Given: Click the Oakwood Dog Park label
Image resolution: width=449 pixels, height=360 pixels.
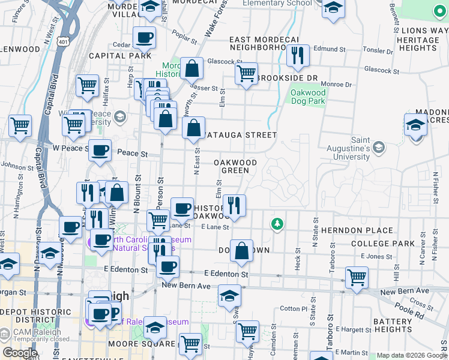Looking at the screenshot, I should pyautogui.click(x=308, y=97).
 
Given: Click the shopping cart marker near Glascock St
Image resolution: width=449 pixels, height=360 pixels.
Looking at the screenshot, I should pyautogui.click(x=246, y=74).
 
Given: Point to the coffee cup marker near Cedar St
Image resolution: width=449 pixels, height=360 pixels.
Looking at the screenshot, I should pyautogui.click(x=144, y=38).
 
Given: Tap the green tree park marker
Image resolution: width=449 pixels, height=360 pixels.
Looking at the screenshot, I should pyautogui.click(x=277, y=224).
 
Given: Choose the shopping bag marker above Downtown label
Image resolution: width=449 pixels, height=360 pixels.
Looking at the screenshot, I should pyautogui.click(x=241, y=252).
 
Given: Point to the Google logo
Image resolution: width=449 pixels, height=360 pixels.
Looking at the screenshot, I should pyautogui.click(x=20, y=352).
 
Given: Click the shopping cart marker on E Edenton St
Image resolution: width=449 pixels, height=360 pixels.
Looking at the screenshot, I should pyautogui.click(x=357, y=277).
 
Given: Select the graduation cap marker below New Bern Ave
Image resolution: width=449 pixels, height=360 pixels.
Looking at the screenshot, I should pyautogui.click(x=229, y=296).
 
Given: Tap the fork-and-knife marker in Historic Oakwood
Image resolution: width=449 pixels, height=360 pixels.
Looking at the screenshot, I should pyautogui.click(x=234, y=206).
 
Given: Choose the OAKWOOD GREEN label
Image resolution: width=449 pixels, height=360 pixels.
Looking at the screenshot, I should pyautogui.click(x=235, y=166).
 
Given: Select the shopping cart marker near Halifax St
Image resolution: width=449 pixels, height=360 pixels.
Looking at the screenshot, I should pyautogui.click(x=88, y=86).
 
